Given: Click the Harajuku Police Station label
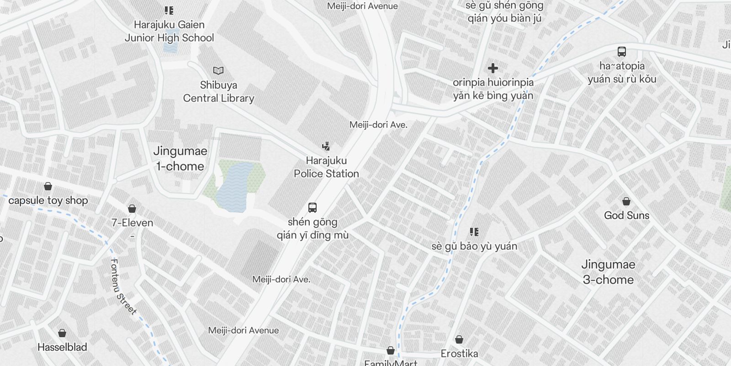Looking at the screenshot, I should [x=326, y=167].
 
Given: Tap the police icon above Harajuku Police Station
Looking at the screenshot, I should [x=326, y=146].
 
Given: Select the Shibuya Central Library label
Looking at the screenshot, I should [x=218, y=91].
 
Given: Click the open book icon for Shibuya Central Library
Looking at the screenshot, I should [x=218, y=70].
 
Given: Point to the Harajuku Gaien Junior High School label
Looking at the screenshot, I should [x=169, y=31].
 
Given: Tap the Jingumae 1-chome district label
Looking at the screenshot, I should [x=180, y=158].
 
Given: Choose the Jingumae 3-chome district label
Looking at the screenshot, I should [x=608, y=272].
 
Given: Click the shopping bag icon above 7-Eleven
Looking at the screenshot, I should [x=132, y=209].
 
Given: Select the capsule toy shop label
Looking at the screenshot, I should [x=48, y=200].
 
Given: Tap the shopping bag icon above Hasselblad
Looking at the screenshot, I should [x=62, y=333].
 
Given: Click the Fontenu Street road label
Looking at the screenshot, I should [x=123, y=287].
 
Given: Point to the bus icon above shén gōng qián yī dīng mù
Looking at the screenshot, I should [x=313, y=208].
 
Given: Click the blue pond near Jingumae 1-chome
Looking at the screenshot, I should [x=234, y=188].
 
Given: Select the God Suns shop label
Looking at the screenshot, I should [x=626, y=215].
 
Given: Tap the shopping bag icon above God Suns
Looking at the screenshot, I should [x=626, y=201].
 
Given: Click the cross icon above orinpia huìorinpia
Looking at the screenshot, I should [x=493, y=68].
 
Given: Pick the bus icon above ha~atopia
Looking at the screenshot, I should [x=621, y=51].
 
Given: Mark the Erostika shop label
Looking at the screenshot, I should [x=459, y=354].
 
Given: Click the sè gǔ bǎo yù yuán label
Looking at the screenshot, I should [x=474, y=246].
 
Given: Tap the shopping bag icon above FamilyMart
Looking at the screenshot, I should [x=391, y=350].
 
